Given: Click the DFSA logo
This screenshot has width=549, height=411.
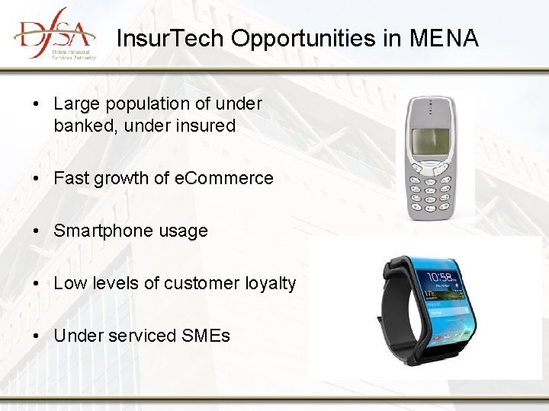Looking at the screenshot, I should pos(53,33).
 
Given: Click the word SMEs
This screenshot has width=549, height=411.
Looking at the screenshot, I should pos(206,336).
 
